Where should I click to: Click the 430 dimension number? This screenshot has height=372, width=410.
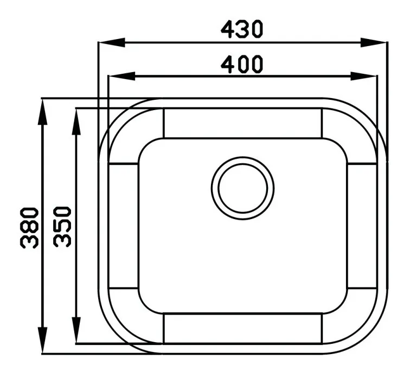242,29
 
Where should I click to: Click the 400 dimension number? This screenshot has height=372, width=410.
242,64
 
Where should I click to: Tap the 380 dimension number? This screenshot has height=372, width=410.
29,228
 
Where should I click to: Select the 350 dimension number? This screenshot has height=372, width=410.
62,227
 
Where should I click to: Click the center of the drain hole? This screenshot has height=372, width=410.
242,188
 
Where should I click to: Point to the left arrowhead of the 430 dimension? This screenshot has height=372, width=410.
111,42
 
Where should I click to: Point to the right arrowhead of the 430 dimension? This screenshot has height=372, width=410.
373,42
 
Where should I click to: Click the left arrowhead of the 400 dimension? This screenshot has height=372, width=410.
121,76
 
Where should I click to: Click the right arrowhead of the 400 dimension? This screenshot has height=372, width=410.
363,76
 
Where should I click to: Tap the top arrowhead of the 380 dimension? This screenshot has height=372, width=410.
43,112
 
